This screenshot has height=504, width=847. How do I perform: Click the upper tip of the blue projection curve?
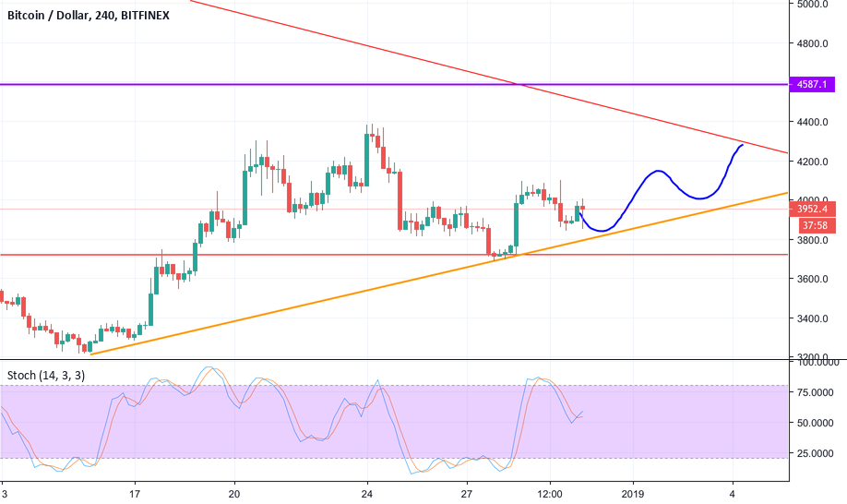click(742, 145)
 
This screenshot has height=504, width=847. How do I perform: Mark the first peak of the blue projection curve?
click(657, 171)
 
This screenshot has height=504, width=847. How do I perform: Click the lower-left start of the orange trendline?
click(90, 354)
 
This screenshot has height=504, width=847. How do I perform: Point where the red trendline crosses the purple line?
click(520, 85)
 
